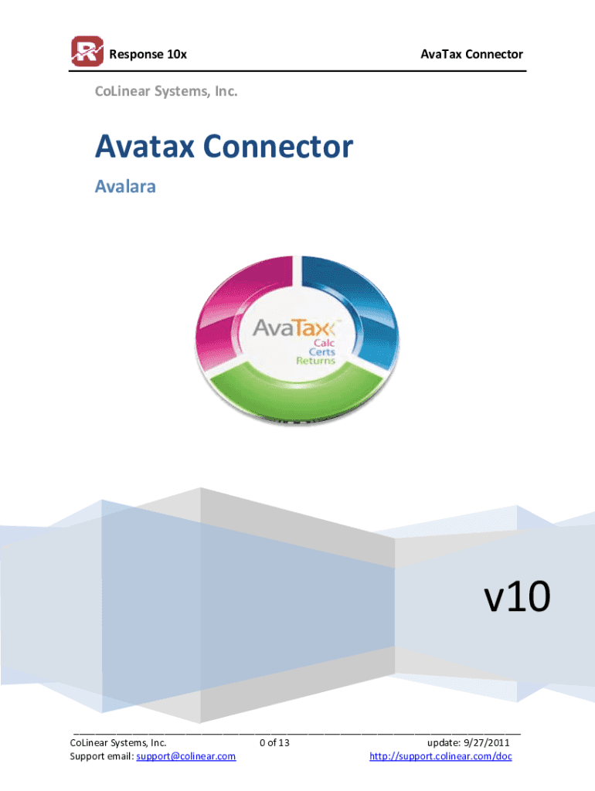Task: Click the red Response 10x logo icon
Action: coord(87,53)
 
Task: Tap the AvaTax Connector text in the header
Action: coord(471,54)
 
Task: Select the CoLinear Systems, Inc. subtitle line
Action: coord(165,92)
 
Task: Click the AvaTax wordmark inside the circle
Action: coord(297,329)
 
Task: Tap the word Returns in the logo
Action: coord(316,361)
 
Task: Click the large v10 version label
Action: coord(516,596)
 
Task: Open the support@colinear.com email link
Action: coord(185,756)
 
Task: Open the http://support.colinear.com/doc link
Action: coord(440,756)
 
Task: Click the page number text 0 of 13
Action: coord(275,743)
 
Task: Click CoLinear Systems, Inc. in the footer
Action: coord(118,743)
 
